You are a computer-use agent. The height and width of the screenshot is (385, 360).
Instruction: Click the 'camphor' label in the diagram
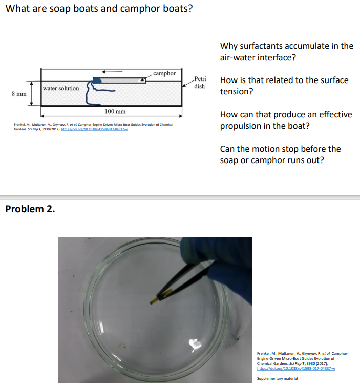coord(164,73)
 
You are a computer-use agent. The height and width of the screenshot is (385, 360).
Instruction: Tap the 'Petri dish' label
coord(200,83)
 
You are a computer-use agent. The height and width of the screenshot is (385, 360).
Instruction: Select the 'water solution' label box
coord(61,88)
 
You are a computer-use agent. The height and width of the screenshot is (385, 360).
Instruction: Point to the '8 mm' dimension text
coord(19,94)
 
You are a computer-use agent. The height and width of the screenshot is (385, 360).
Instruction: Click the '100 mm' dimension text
coord(115,111)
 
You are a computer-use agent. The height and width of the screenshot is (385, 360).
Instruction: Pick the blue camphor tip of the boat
coord(97,80)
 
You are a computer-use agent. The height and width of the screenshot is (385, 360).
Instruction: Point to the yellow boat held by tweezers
coord(155,297)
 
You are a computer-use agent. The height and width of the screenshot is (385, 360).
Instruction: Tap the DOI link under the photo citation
coord(295,368)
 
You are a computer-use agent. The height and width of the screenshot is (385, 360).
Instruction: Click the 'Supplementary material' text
coord(277,379)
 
